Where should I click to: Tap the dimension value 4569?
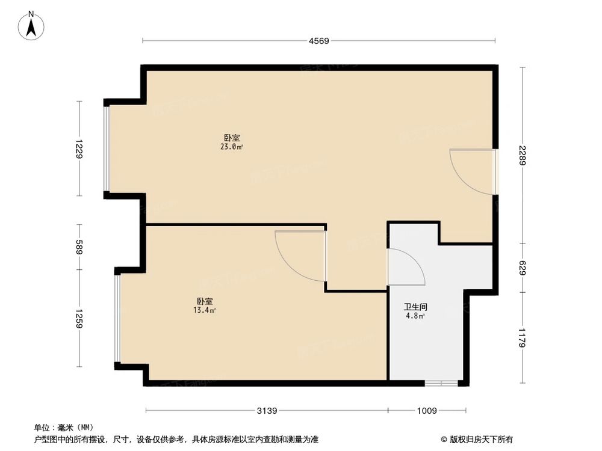tap(318, 41)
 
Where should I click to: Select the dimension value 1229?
tap(79, 149)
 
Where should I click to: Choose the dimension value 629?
tap(523, 268)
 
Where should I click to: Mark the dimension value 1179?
tap(523, 337)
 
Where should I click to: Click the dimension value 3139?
tap(267, 411)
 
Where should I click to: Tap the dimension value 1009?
tap(426, 411)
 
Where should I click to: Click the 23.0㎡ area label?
tap(232, 147)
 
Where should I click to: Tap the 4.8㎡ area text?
tap(415, 316)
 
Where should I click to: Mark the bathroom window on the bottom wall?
tap(441, 383)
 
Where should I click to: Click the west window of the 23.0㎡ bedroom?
tap(107, 149)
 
